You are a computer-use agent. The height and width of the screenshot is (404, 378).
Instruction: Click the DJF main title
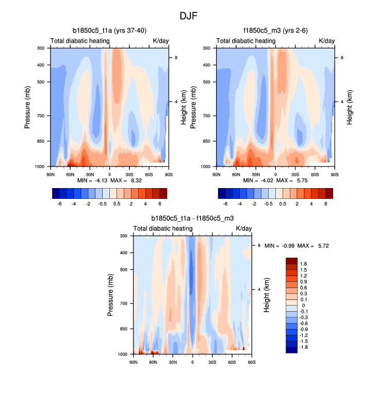coord(188,16)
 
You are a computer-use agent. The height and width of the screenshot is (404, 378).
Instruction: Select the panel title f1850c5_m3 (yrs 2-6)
coord(275,31)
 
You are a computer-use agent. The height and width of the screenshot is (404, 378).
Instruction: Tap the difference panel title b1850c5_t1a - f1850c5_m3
coord(192,218)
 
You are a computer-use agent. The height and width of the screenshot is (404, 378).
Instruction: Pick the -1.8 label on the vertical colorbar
coord(303,348)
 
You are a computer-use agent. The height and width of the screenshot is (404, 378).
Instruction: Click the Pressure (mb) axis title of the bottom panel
coord(111,295)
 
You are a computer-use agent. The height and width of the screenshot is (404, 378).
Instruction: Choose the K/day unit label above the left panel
coord(160,41)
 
